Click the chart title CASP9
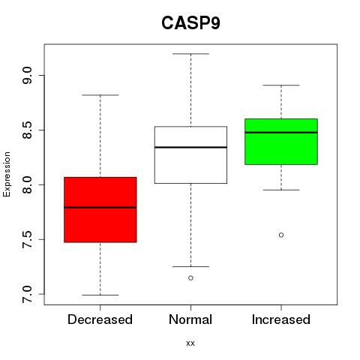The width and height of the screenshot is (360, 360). (x=190, y=23)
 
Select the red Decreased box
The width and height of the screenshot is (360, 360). (x=100, y=210)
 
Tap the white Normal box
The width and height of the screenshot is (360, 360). (x=190, y=155)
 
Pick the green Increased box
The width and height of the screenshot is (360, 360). (x=281, y=142)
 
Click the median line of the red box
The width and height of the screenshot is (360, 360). (x=100, y=207)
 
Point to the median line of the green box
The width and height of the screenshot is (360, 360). (x=281, y=133)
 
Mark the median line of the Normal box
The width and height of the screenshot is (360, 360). (x=190, y=147)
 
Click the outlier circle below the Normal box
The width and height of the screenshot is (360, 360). (x=190, y=277)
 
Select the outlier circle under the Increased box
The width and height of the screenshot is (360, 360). (x=281, y=235)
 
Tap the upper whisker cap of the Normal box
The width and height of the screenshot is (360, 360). (x=190, y=54)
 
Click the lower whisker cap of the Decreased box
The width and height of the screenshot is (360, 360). (x=100, y=295)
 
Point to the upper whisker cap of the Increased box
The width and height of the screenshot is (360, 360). (x=281, y=85)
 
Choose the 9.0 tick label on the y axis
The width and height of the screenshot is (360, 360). (x=27, y=75)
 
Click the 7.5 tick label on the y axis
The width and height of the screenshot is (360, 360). (x=27, y=239)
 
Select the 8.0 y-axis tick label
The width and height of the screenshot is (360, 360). (x=27, y=184)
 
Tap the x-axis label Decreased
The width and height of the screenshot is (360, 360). (x=100, y=319)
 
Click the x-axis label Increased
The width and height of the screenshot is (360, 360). (x=281, y=319)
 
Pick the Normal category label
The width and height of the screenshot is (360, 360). (x=190, y=319)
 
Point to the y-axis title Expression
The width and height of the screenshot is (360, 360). (x=7, y=174)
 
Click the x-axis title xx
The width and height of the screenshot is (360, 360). (x=190, y=343)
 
